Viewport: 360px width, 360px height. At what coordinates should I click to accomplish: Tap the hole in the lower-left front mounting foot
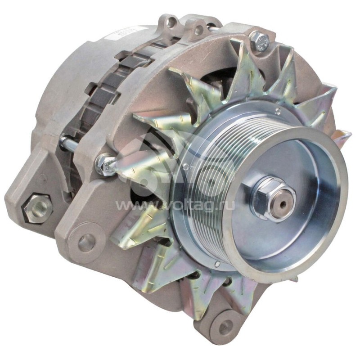pos(86,243)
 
